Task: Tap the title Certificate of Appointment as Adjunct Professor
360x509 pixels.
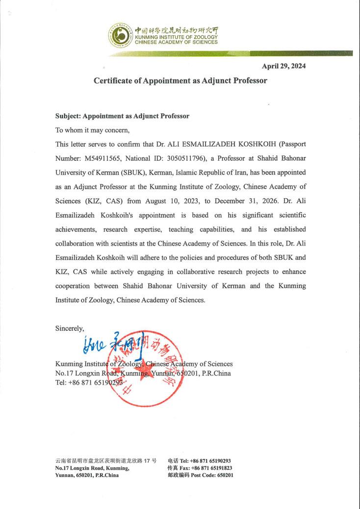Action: [180, 80]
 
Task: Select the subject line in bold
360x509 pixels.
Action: [122, 116]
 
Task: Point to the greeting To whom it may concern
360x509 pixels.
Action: [92, 130]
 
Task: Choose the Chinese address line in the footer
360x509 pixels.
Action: [106, 461]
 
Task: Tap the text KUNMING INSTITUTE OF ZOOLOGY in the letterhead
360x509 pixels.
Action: [176, 37]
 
